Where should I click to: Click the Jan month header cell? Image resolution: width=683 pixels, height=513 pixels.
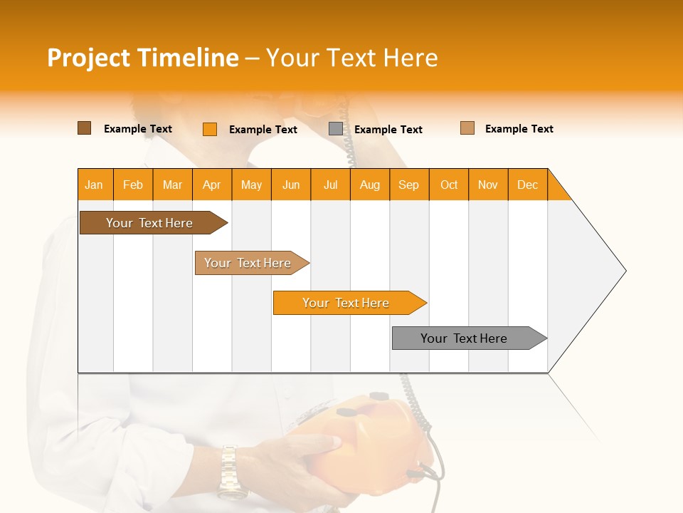pyautogui.click(x=95, y=185)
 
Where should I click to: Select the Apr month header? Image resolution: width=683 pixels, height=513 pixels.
pyautogui.click(x=212, y=185)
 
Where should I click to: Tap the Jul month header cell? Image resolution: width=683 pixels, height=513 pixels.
pyautogui.click(x=330, y=185)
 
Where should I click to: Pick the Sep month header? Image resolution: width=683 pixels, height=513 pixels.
pyautogui.click(x=409, y=185)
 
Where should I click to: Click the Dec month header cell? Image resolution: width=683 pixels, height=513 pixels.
pyautogui.click(x=527, y=185)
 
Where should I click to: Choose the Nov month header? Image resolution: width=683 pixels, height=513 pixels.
pyautogui.click(x=488, y=185)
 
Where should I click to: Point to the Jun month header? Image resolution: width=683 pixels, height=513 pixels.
pyautogui.click(x=291, y=185)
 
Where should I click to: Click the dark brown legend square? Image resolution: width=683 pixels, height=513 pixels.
pyautogui.click(x=84, y=128)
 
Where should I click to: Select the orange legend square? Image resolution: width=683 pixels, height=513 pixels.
pyautogui.click(x=210, y=129)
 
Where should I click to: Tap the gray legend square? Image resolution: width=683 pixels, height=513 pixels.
pyautogui.click(x=336, y=129)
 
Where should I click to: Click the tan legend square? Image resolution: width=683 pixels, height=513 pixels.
pyautogui.click(x=467, y=128)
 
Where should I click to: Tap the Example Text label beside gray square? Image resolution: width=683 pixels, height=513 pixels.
pyautogui.click(x=388, y=130)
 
